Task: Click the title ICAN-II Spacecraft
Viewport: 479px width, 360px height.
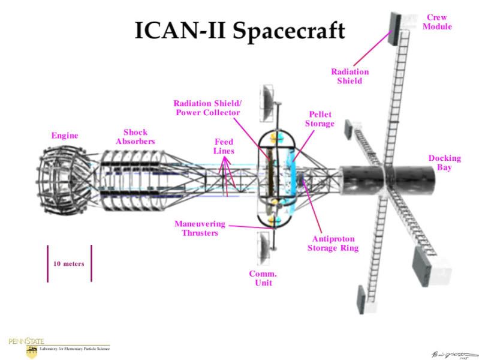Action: point(239,29)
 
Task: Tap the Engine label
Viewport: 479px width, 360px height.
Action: point(64,136)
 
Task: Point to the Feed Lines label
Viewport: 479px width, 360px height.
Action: point(224,146)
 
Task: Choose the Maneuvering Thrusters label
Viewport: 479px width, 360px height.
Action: point(200,228)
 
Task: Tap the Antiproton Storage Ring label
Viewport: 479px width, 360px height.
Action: point(332,242)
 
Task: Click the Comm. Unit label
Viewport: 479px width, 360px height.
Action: point(263,278)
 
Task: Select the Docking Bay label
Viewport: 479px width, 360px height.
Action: point(444,163)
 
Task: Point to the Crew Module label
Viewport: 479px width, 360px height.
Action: point(439,22)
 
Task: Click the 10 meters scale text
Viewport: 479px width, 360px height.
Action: point(69,263)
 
